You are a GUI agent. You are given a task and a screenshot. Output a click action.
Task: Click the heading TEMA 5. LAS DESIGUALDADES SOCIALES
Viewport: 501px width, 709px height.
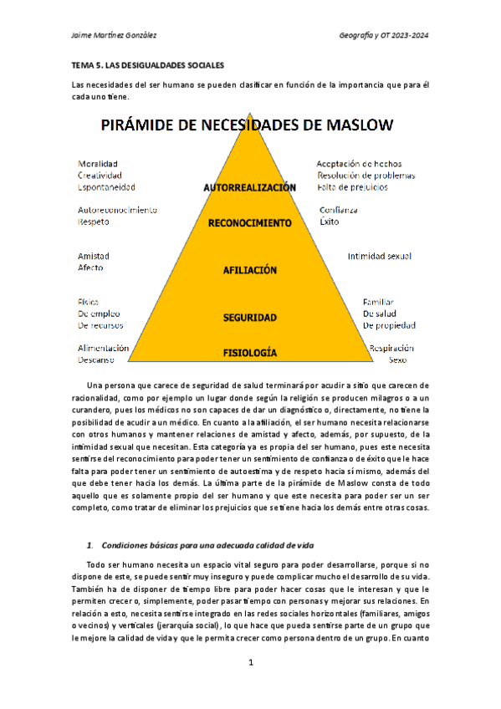[x=150, y=64]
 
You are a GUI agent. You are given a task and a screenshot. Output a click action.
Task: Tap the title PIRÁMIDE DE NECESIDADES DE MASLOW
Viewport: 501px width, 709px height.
[x=248, y=126]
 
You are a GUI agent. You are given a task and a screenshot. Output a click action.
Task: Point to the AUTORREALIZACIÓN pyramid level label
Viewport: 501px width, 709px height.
[x=249, y=188]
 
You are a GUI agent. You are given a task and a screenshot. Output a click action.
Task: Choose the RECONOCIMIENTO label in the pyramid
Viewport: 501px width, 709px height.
[x=249, y=224]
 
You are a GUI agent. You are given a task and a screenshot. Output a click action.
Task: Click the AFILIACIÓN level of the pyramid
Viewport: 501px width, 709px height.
[x=249, y=271]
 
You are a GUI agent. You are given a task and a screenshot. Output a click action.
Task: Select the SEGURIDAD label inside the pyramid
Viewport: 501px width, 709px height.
[x=249, y=318]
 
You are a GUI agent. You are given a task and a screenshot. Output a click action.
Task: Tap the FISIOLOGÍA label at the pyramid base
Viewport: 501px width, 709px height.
[x=249, y=353]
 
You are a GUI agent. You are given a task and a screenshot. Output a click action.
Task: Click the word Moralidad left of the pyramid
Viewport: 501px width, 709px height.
[x=98, y=164]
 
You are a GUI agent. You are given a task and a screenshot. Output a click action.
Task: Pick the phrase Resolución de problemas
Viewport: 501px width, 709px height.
[x=366, y=176]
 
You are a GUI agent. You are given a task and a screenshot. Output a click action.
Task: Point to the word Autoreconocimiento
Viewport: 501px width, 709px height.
[x=117, y=211]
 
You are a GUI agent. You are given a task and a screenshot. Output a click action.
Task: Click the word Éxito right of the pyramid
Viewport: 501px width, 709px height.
[x=330, y=222]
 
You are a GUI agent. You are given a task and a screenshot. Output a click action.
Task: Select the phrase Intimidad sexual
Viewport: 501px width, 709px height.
[x=379, y=256]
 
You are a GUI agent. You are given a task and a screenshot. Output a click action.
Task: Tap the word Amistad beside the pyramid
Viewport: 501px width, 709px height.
[x=94, y=256]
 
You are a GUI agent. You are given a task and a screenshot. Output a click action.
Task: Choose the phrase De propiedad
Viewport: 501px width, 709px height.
[x=389, y=325]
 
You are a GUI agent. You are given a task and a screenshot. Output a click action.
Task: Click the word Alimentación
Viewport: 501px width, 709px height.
[x=103, y=348]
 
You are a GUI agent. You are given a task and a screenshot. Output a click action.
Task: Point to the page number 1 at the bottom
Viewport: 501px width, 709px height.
[x=250, y=663]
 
